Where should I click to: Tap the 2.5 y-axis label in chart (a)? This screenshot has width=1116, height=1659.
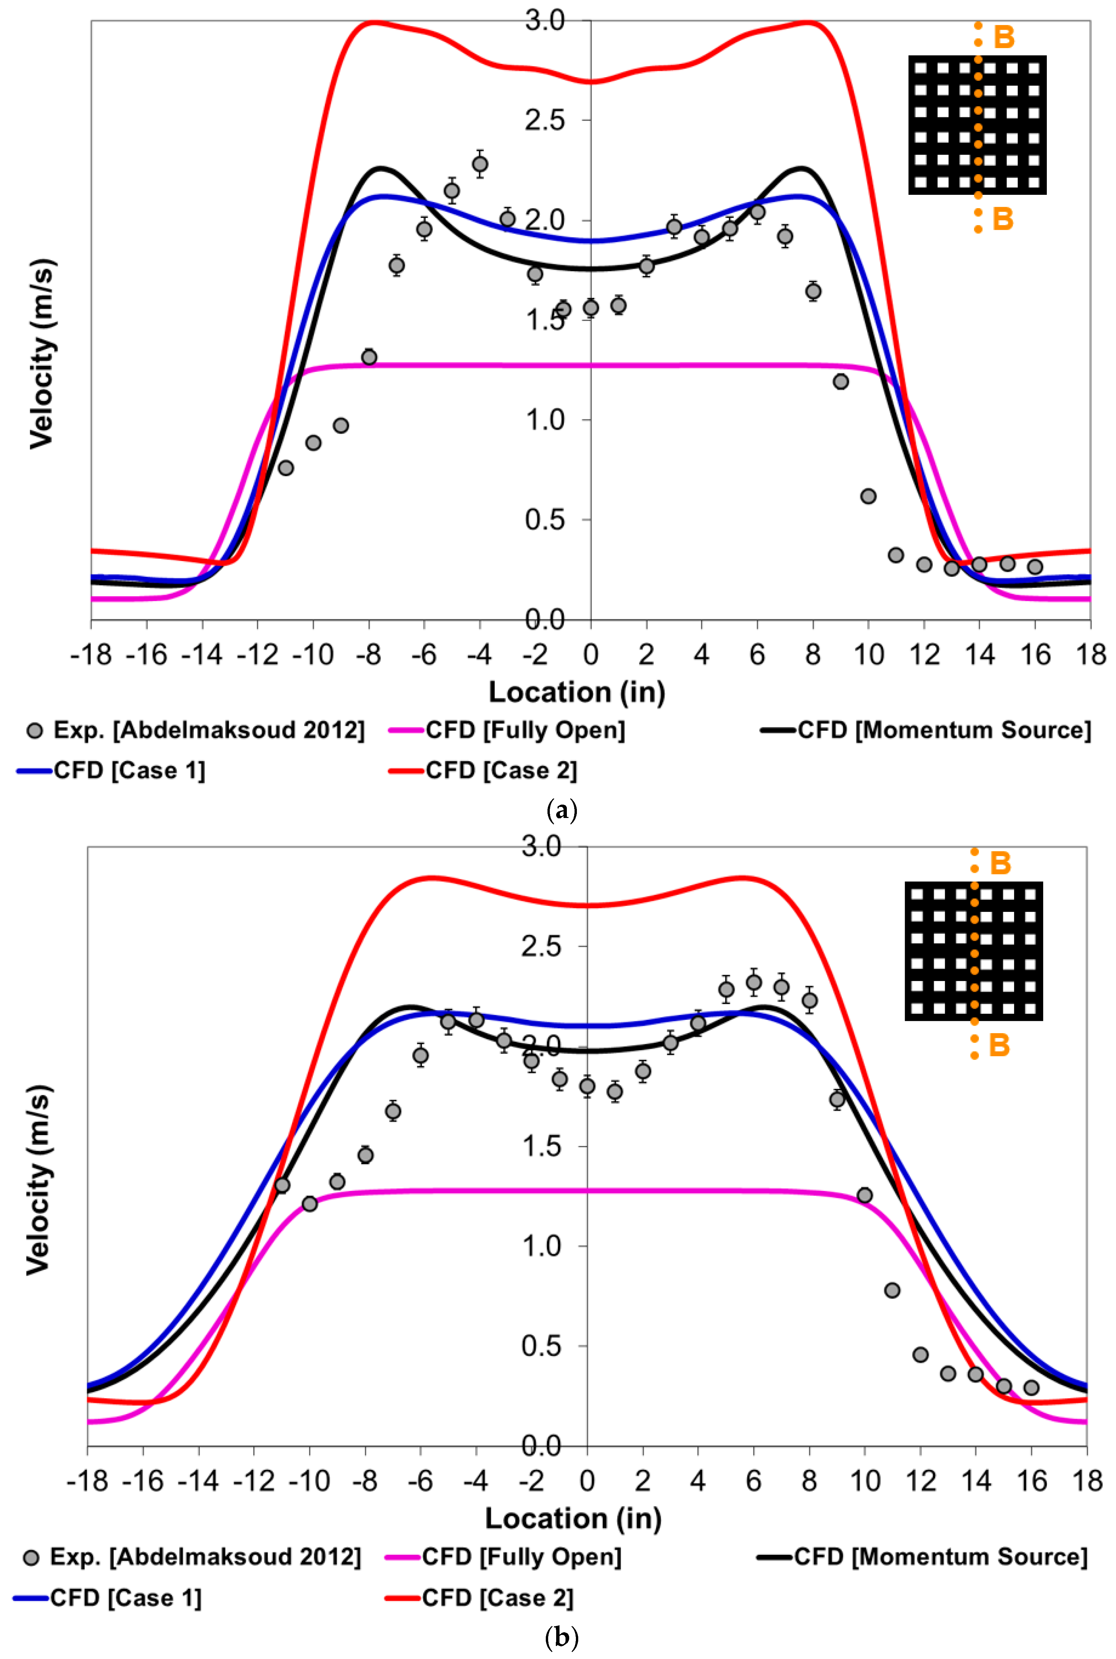coord(544,120)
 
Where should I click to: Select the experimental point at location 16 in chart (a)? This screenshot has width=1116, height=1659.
coord(1035,567)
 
